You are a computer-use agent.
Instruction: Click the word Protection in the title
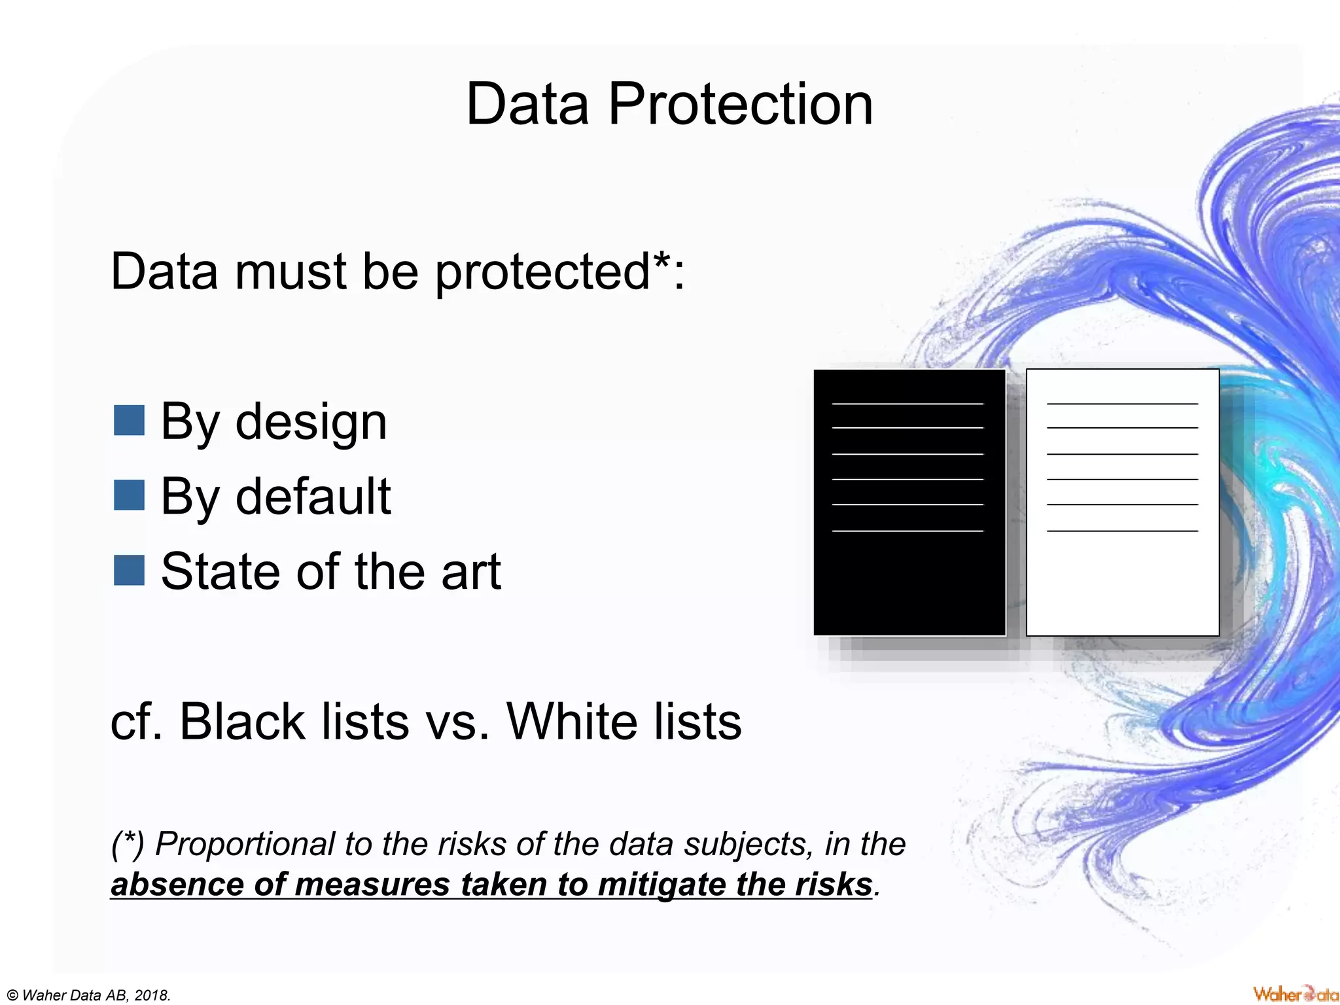tap(741, 105)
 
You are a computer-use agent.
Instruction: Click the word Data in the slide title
tap(527, 105)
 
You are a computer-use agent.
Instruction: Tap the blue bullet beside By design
tap(129, 420)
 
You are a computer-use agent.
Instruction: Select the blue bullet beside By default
tap(129, 495)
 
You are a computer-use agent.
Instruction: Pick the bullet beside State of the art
tap(129, 570)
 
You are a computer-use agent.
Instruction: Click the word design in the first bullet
tap(311, 423)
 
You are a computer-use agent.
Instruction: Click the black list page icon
tap(909, 576)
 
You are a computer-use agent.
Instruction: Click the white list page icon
tap(1122, 576)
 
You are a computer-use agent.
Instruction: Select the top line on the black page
tap(908, 404)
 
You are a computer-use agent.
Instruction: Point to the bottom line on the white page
tap(1122, 531)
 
